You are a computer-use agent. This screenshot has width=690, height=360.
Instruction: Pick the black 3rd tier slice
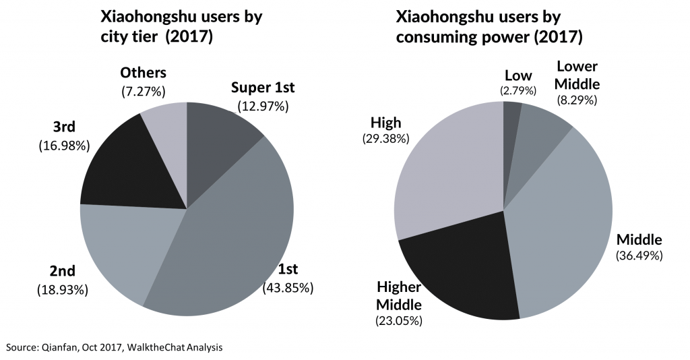click(x=125, y=169)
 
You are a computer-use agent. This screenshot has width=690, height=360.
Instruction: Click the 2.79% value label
click(x=517, y=90)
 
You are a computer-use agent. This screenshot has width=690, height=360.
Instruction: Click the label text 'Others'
click(x=143, y=72)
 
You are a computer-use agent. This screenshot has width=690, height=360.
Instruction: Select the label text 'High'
click(x=385, y=122)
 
